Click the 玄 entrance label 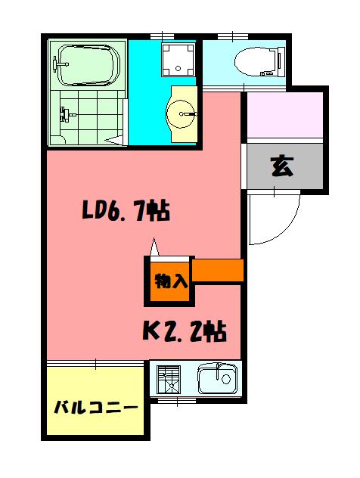click(282, 166)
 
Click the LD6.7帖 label click(125, 210)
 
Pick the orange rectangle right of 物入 click(218, 271)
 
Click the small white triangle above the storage click(155, 247)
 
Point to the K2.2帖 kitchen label click(185, 331)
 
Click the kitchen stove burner click(169, 379)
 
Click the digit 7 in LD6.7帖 click(139, 211)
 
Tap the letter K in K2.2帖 click(151, 331)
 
